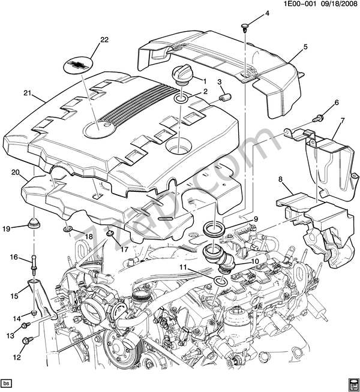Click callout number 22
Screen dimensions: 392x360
105,40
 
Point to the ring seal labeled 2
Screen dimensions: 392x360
181,98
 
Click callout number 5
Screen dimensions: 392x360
305,47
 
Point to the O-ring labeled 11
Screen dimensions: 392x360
220,282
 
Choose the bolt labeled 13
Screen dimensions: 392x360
25,325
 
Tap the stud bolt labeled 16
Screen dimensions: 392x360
33,261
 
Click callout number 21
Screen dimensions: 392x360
26,93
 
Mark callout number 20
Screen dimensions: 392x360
16,173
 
